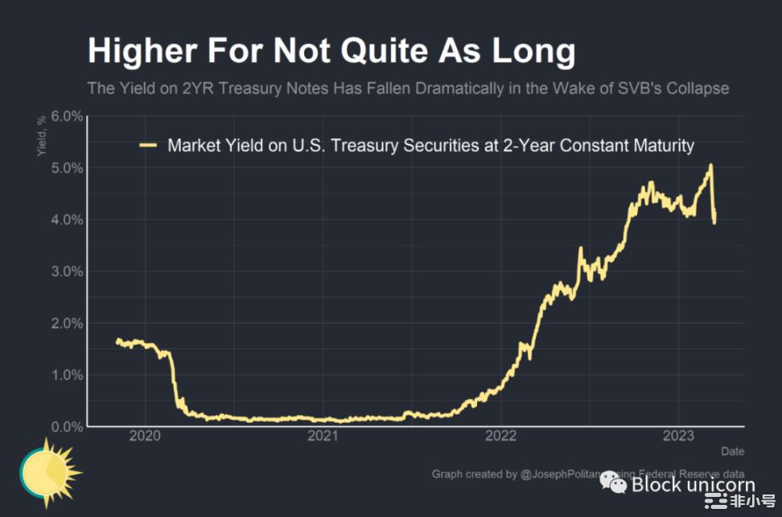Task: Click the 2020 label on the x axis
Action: [145, 437]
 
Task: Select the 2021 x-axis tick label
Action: [323, 437]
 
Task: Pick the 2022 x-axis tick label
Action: [500, 437]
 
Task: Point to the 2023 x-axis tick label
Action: [677, 437]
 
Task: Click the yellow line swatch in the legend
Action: [148, 146]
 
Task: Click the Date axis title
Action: [732, 451]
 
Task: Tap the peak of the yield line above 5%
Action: [710, 166]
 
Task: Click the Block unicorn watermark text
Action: [693, 484]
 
